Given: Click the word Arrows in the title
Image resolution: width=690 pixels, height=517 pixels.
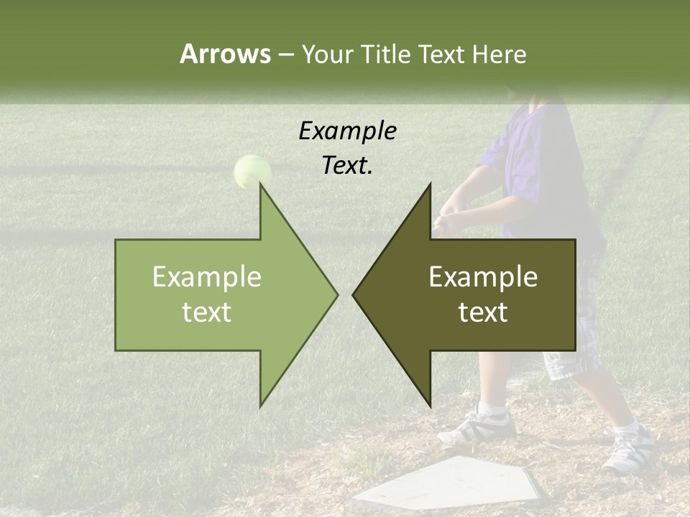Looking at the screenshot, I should (x=225, y=54).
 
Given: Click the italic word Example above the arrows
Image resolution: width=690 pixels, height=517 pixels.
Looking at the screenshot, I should (x=347, y=131).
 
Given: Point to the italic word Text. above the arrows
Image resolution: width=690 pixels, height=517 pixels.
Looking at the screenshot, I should (x=347, y=166).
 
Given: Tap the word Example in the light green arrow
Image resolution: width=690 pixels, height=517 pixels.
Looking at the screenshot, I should (x=207, y=277).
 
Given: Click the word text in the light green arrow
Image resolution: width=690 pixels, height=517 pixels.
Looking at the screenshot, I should (x=207, y=312).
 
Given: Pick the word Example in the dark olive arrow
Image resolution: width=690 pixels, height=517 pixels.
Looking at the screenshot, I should (x=483, y=277).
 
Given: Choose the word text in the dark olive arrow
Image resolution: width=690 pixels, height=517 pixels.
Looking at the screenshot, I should (x=483, y=312).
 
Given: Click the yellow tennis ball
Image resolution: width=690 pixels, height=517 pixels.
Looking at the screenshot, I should (x=252, y=171).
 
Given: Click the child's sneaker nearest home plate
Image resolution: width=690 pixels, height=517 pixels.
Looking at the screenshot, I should (x=477, y=427).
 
